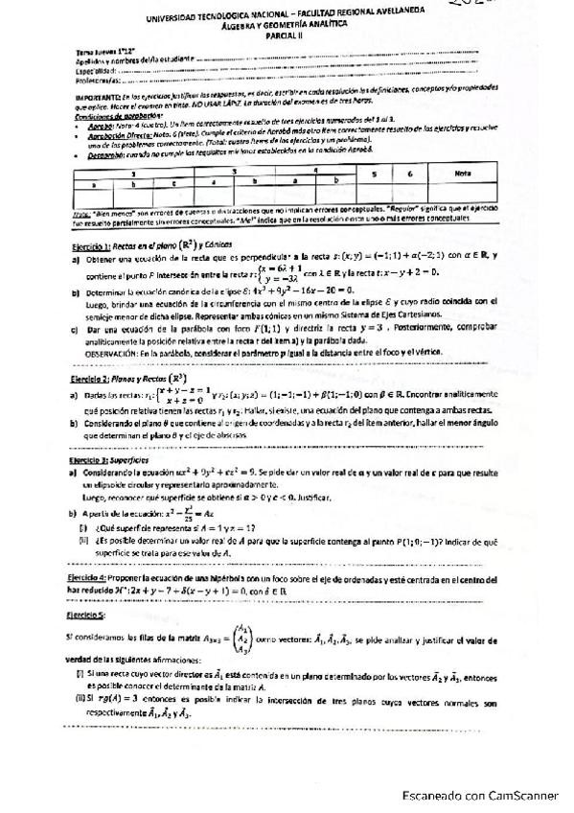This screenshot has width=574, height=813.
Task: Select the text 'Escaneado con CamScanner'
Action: [x=480, y=795]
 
